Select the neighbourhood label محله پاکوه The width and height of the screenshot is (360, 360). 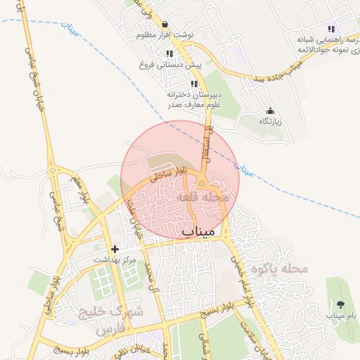tap(283, 269)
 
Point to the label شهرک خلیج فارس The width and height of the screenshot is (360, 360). tap(118, 320)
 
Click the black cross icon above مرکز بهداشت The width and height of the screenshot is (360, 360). tap(115, 249)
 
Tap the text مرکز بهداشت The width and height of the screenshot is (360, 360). tap(115, 259)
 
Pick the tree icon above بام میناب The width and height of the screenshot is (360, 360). tap(341, 304)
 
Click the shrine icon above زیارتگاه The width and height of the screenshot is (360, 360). tap(271, 111)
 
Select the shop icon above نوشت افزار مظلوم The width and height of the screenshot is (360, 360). tap(164, 24)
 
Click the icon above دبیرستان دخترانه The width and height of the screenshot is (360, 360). tap(194, 84)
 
